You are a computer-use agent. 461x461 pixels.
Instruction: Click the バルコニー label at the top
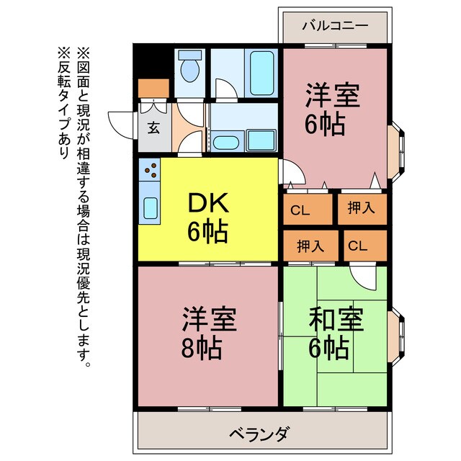(334, 24)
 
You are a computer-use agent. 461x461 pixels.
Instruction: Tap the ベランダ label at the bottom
(260, 434)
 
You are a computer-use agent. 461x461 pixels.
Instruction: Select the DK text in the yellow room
(207, 205)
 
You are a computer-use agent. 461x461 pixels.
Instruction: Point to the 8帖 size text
(201, 349)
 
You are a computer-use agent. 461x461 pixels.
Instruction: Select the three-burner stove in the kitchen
(151, 171)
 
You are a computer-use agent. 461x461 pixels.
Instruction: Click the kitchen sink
(151, 208)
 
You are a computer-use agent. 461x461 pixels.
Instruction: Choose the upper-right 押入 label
(362, 209)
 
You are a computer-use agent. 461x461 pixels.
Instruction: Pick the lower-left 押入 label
(310, 246)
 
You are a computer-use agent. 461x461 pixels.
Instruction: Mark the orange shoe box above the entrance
(152, 89)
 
